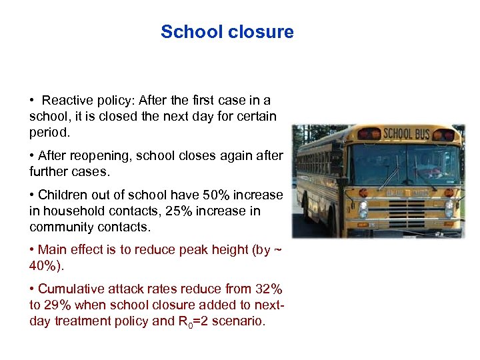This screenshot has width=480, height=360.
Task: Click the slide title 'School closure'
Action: tap(227, 32)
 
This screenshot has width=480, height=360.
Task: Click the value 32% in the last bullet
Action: tap(267, 289)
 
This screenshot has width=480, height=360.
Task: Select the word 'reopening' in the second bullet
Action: tap(93, 156)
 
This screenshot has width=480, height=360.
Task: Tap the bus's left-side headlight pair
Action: tap(363, 209)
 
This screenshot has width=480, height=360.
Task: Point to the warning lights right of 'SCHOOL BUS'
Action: tap(444, 135)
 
